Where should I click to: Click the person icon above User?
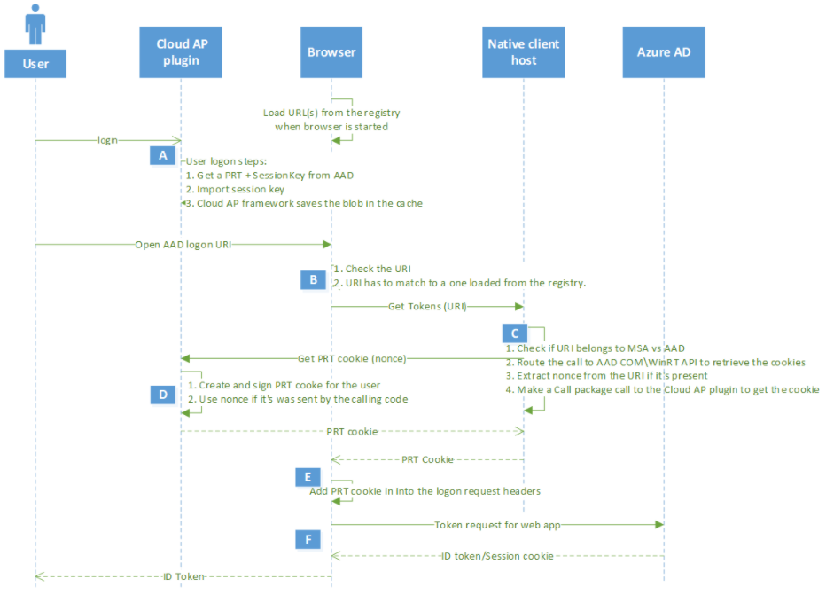[35, 25]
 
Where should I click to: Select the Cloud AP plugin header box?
[181, 52]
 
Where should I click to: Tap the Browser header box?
[331, 52]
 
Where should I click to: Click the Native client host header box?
[524, 52]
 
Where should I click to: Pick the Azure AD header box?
[664, 52]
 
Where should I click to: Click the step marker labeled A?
[162, 155]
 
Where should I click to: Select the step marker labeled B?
[313, 279]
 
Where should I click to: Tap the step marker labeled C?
[514, 333]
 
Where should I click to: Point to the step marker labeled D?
[162, 394]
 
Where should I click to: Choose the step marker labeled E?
[308, 477]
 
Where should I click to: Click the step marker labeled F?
[308, 538]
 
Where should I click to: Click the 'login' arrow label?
[108, 140]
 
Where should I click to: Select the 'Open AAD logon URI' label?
[183, 244]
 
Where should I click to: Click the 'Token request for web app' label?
[497, 525]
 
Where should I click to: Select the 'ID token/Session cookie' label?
[497, 556]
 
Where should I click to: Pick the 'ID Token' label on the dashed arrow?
[183, 576]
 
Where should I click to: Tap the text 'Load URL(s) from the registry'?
[331, 113]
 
